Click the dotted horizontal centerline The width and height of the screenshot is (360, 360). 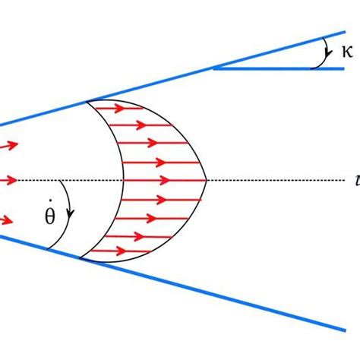coord(281,180)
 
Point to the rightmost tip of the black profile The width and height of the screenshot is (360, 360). coord(207,180)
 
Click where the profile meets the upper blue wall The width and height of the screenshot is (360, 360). coord(89,100)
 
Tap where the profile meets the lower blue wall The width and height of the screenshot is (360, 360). coord(80,259)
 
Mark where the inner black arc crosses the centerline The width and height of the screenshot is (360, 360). coord(124,180)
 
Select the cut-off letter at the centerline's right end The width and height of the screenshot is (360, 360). coord(356,180)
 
